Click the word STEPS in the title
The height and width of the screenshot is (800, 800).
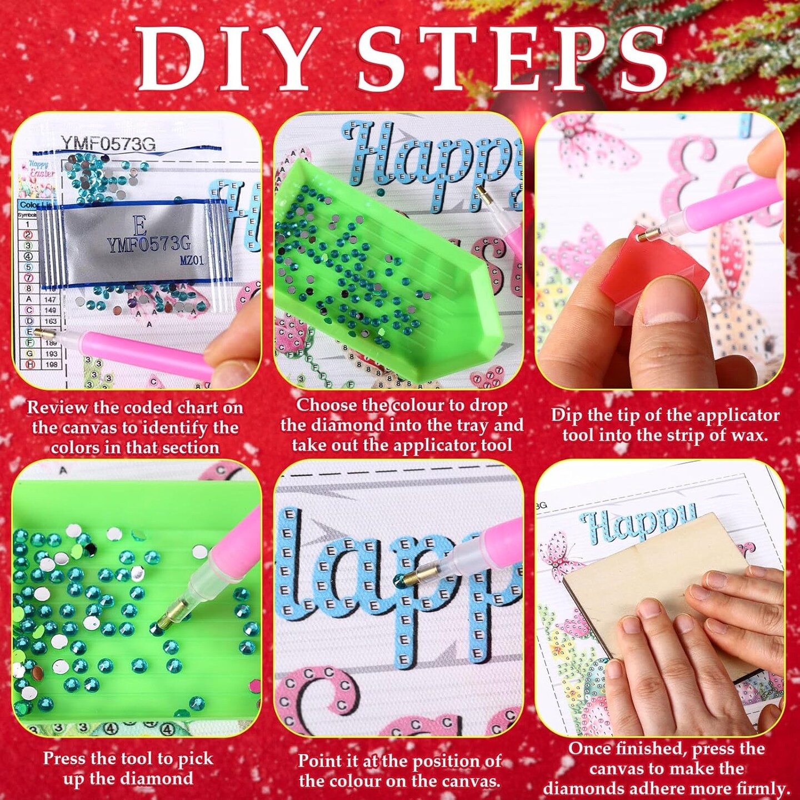click(511, 58)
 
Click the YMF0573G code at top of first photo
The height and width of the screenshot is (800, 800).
click(108, 144)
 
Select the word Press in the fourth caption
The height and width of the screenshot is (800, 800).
click(63, 759)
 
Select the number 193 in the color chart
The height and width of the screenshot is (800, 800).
click(51, 353)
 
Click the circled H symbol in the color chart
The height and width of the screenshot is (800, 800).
click(29, 364)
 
